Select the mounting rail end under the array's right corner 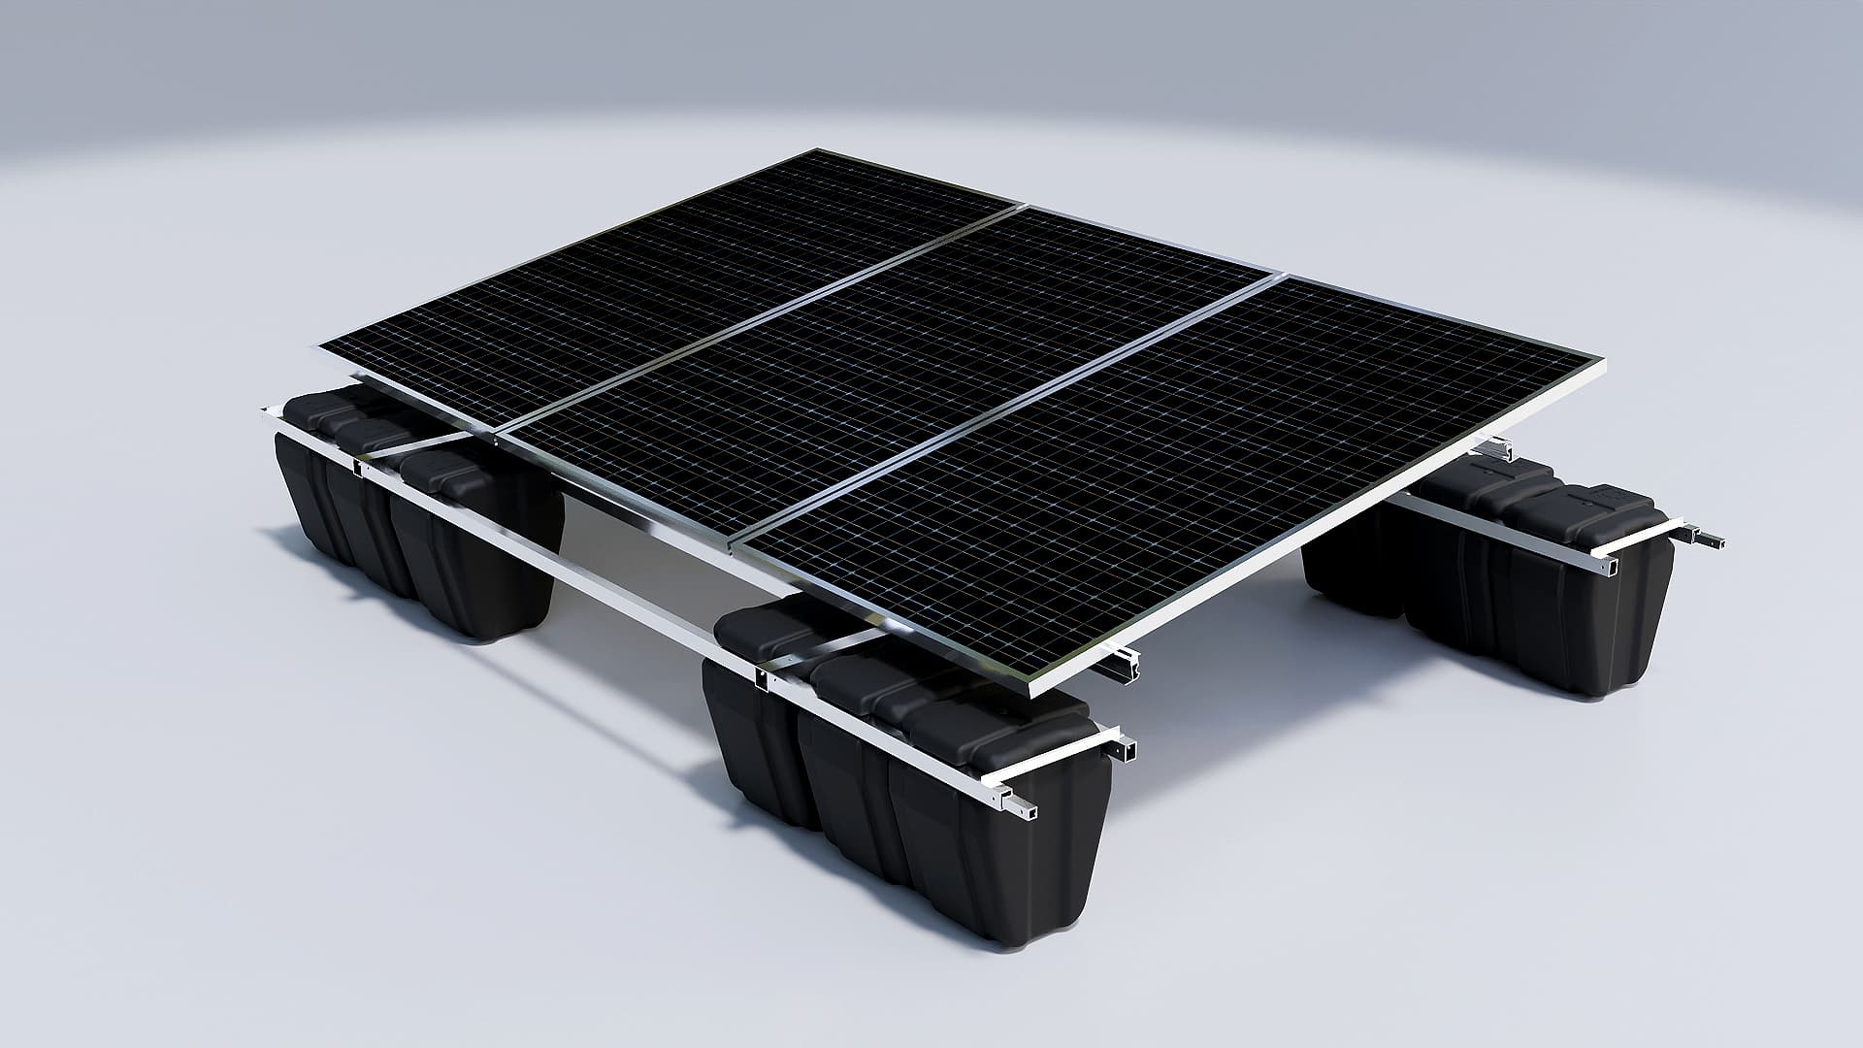1500,448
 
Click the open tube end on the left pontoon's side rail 358,470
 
